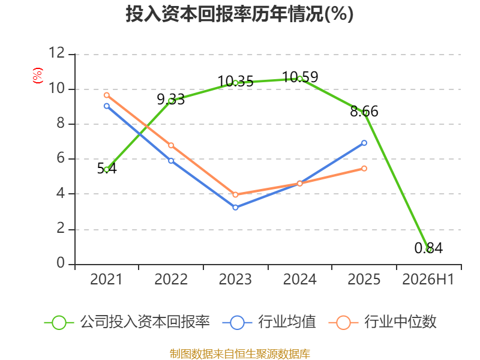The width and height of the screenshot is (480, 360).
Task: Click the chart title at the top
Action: coord(239,14)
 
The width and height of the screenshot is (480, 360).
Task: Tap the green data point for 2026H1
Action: coord(429,250)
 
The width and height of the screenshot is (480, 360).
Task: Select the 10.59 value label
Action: coord(300,77)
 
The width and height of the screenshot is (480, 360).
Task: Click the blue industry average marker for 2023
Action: coord(235,208)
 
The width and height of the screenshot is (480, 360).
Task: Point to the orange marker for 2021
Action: coord(107,95)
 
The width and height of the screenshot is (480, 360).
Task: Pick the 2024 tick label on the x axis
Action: coord(299,279)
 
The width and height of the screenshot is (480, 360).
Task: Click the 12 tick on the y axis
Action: coord(56,53)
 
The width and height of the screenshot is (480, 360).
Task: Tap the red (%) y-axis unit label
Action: coord(38,76)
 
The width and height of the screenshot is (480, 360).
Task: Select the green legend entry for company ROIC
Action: coord(127,322)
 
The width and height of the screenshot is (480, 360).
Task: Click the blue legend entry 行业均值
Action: coord(269,322)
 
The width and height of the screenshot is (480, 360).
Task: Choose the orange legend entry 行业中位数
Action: coord(382,322)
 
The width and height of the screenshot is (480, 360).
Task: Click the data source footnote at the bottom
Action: coord(240,354)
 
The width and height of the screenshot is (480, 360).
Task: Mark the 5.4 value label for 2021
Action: coord(107,169)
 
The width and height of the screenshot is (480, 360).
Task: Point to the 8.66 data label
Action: coord(364,112)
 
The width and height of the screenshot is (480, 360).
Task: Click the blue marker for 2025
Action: coord(364,143)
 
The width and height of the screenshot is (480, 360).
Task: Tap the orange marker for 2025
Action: coord(364,169)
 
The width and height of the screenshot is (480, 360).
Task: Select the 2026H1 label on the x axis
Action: coord(428,279)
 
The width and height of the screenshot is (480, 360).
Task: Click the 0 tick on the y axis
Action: coord(61,263)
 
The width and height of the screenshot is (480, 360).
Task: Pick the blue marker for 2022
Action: coord(171,161)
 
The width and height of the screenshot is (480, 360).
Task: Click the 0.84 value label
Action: coord(428,248)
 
